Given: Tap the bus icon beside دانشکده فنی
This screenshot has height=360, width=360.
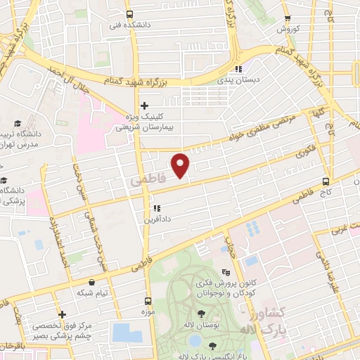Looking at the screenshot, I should pyautogui.click(x=129, y=14).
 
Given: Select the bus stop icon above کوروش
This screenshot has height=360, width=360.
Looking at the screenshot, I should pyautogui.click(x=287, y=19).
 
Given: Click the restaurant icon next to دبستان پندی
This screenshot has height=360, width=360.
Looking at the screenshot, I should pyautogui.click(x=238, y=70).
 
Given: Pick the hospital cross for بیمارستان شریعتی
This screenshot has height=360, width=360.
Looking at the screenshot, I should pyautogui.click(x=144, y=106).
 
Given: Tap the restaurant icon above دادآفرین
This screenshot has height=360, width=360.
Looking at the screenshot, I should pyautogui.click(x=157, y=208).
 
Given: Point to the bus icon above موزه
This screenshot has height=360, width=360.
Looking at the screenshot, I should pyautogui.click(x=147, y=297).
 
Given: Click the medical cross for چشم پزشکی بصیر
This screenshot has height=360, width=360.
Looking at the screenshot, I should pyautogui.click(x=63, y=314).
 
